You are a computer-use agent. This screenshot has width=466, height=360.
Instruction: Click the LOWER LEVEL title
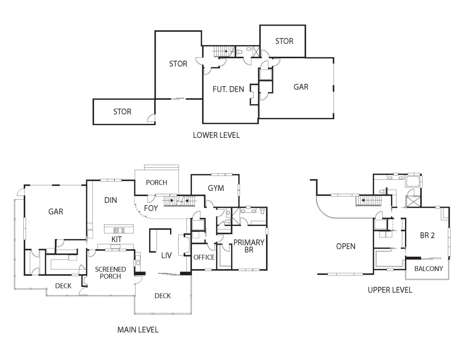(216, 135)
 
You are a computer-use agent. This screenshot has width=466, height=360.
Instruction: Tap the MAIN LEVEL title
(138, 330)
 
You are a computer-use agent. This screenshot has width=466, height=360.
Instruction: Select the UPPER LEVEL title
(390, 290)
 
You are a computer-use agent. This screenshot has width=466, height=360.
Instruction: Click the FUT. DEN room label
(228, 89)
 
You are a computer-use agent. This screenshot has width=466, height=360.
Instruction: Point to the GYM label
(216, 188)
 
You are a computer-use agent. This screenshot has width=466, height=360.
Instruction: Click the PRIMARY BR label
(249, 246)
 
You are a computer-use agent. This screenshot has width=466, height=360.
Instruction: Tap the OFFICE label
(204, 257)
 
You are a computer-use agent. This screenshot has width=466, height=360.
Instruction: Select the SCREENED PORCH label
(110, 273)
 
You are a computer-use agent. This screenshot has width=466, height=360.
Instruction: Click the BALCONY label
(428, 269)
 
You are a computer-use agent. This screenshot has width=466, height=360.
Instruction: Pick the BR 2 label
(427, 235)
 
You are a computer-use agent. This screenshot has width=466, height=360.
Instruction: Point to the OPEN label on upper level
(346, 246)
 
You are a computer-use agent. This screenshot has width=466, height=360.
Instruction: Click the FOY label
(151, 208)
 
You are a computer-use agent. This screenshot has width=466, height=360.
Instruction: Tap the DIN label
(110, 200)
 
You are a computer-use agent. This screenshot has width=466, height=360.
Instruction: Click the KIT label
(116, 239)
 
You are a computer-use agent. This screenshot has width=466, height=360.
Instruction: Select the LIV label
(167, 256)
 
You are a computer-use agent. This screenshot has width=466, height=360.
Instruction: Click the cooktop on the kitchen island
(119, 230)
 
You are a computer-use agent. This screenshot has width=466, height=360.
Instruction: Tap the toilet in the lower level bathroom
(239, 52)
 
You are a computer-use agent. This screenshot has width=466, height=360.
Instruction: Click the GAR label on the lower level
(301, 87)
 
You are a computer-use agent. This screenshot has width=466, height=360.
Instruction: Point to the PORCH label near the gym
(156, 183)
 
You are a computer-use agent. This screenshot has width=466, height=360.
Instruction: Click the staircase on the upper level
(369, 201)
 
